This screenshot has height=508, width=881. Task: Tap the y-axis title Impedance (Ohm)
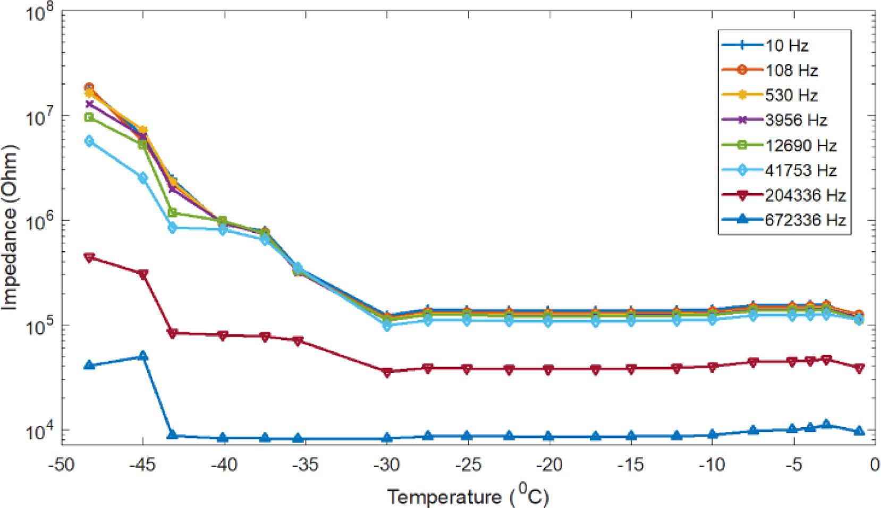coord(11,235)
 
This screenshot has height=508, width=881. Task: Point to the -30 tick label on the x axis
coord(387,464)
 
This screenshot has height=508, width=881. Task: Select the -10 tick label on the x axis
coord(713,464)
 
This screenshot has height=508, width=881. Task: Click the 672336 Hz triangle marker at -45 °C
coord(143,356)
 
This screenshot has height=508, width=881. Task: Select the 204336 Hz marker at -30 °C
coord(387,372)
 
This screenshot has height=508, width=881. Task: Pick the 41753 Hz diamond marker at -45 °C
coord(143,178)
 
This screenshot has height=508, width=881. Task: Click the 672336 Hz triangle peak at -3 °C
coord(826,424)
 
